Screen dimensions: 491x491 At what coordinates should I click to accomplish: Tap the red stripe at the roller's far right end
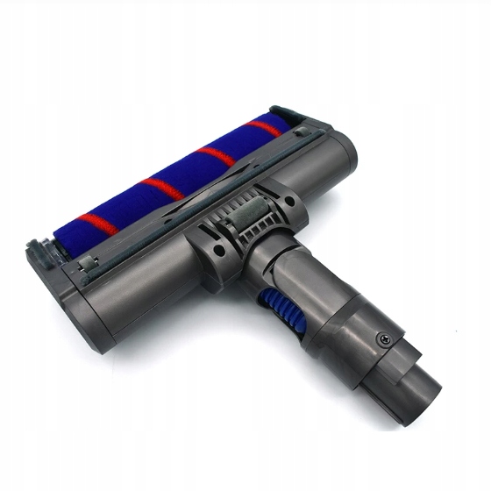[265, 129]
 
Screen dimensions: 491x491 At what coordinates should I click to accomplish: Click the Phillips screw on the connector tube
[381, 339]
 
